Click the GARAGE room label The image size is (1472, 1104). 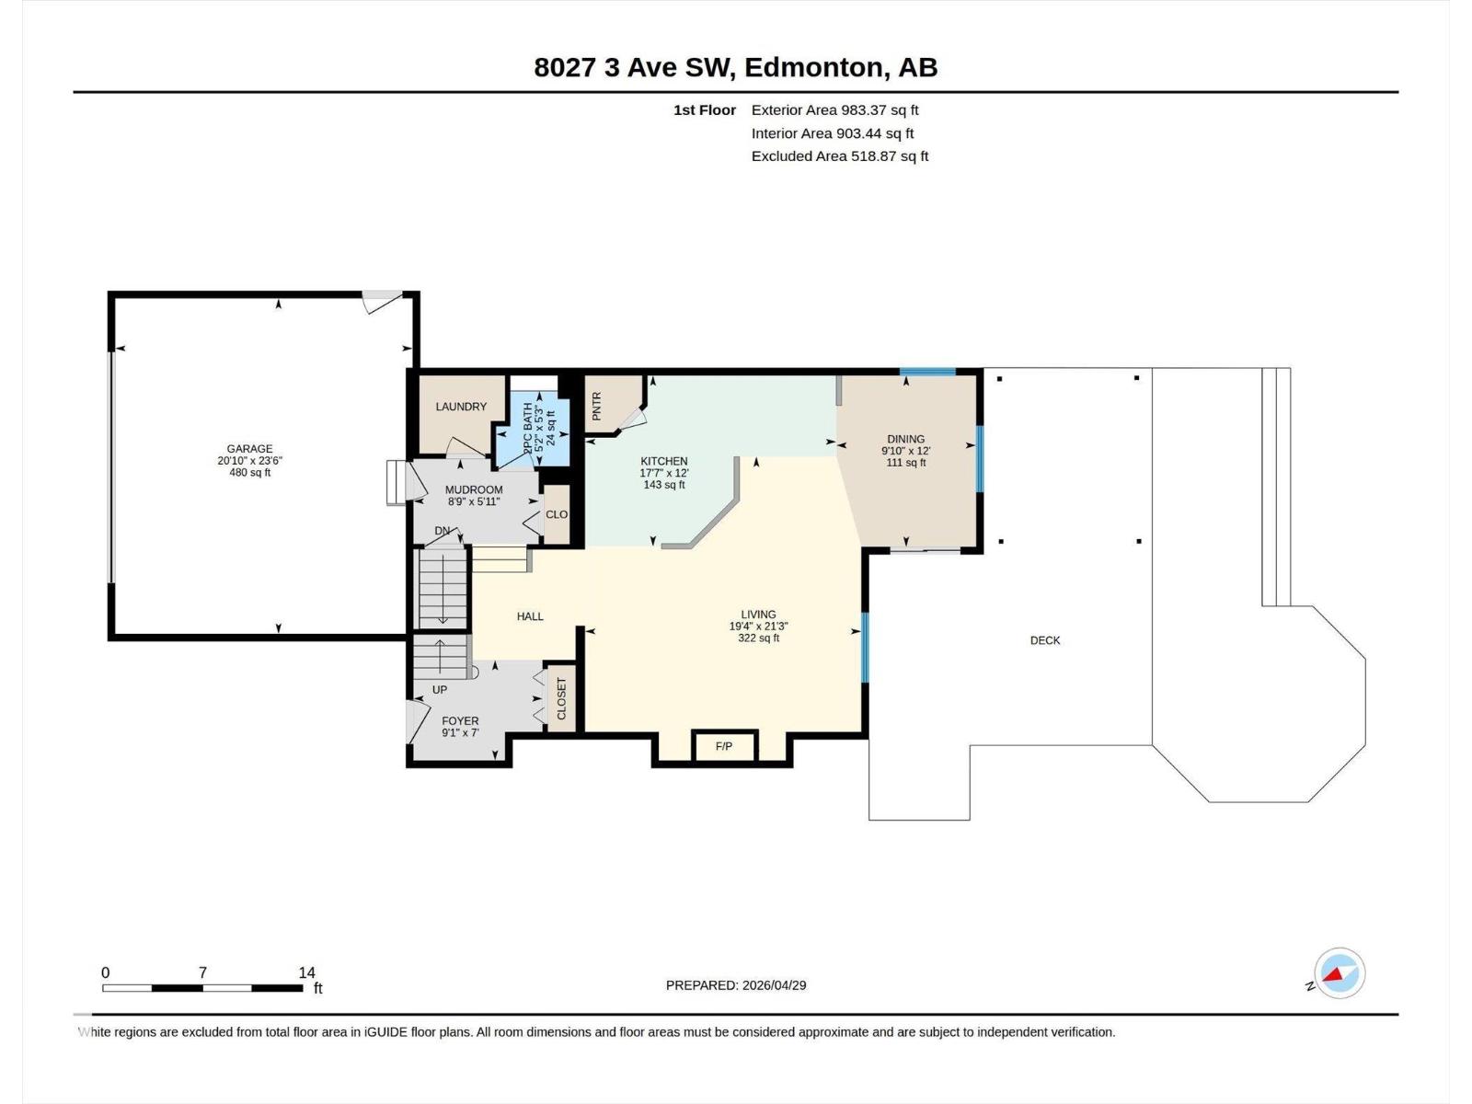point(249,449)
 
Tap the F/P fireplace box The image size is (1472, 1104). point(724,746)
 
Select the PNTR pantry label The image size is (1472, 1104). point(597,406)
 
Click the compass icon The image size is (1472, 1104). point(1340,972)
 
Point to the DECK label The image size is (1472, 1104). point(1044,640)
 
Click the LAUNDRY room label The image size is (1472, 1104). point(461,407)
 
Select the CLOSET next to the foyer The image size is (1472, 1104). point(561,699)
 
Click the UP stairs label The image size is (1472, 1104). point(440,689)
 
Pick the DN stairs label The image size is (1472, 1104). point(443,531)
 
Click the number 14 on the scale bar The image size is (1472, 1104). point(306,972)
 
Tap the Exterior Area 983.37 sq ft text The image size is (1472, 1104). point(834,110)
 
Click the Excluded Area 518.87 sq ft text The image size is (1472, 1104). point(839,156)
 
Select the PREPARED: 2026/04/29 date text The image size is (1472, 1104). point(736,985)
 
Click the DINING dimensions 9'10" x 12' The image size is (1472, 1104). point(905,451)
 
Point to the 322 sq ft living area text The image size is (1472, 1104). point(758,638)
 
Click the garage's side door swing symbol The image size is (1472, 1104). point(380,301)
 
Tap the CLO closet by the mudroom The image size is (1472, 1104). point(557,514)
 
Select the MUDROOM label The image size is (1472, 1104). point(474,490)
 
